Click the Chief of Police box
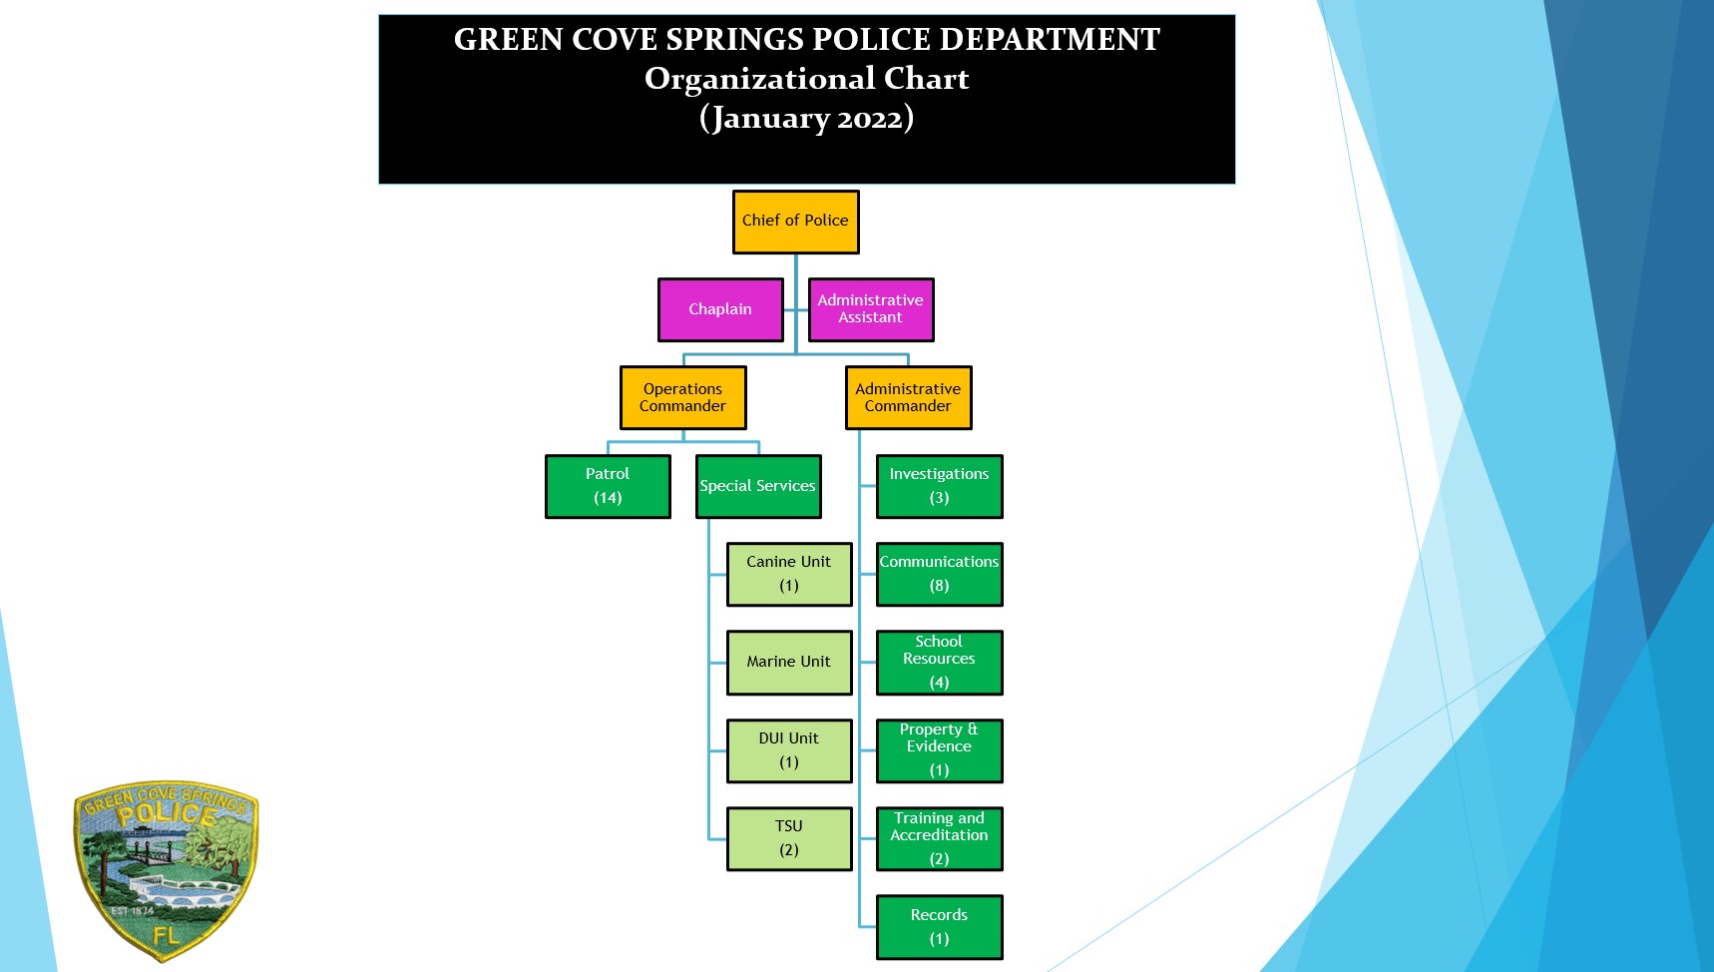coord(795,222)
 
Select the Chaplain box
coord(720,309)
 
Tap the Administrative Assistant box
coord(870,309)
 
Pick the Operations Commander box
coord(682,397)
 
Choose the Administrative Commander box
coord(908,397)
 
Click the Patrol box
coord(608,486)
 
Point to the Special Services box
coord(757,486)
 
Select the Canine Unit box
coord(788,574)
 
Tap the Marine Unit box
coord(788,662)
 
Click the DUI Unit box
coord(788,750)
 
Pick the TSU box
coord(788,838)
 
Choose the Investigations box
coord(939,486)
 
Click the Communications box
coord(939,574)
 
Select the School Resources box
coord(939,662)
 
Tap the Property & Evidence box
coord(939,750)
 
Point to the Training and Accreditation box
coord(939,838)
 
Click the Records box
coord(939,926)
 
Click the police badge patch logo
coord(166,869)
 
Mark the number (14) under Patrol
coord(608,498)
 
